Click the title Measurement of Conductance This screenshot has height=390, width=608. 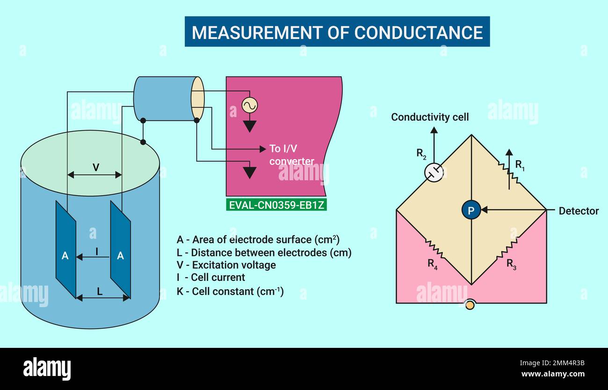point(337,32)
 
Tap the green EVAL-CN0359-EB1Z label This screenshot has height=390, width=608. point(276,205)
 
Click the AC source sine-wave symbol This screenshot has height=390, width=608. point(250,105)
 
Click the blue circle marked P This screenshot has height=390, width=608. point(471,211)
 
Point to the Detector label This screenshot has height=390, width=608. point(579,211)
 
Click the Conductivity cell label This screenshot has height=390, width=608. point(430,117)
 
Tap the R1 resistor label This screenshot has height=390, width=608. point(520,165)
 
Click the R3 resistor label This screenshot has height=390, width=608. point(511,264)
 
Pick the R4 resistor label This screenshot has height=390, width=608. point(433,264)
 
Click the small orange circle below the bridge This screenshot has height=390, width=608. point(470,305)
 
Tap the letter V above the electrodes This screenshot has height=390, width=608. point(96,167)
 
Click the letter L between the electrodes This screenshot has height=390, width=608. point(100,291)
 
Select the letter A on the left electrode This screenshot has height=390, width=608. point(65,256)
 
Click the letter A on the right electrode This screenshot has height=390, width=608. point(120,256)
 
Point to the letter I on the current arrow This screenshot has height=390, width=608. point(97,251)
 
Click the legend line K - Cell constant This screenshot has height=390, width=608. point(230,291)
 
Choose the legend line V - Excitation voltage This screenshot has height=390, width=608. point(226,265)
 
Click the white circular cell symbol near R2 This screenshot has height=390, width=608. point(434,172)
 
